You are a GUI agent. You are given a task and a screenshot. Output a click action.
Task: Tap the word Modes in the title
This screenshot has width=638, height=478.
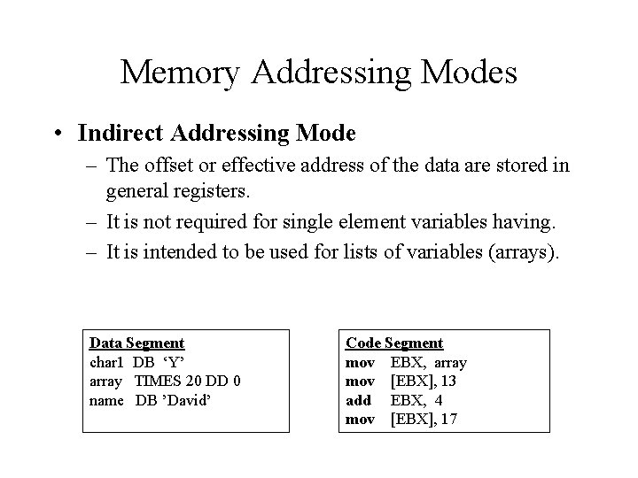[x=471, y=73]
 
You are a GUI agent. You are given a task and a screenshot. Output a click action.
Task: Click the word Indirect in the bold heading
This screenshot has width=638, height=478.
[x=117, y=134]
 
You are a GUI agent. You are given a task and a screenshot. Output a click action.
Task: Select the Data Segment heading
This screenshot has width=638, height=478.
[x=137, y=343]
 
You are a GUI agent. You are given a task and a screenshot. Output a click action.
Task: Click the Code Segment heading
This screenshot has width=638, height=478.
[x=394, y=343]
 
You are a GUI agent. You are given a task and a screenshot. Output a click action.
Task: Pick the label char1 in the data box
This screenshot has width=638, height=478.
[x=107, y=362]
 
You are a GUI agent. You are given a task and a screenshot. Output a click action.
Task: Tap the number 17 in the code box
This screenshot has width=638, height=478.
[x=447, y=419]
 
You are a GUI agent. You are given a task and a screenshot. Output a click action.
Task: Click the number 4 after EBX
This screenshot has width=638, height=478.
[x=438, y=400]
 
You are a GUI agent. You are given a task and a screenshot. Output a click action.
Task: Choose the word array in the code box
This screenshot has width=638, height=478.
[x=450, y=362]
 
